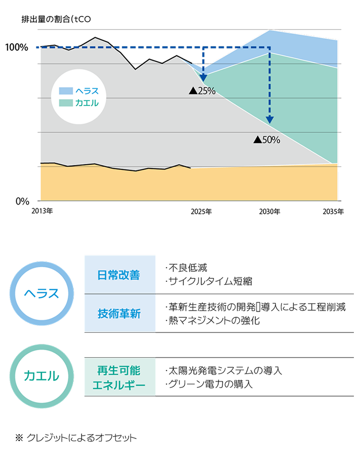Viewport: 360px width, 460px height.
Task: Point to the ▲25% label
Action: coord(202,91)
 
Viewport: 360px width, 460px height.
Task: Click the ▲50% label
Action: coord(267,139)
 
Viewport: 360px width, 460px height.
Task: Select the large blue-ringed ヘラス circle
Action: coord(42,294)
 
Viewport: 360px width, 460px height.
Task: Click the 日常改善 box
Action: coord(120,275)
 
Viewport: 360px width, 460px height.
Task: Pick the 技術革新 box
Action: coord(120,314)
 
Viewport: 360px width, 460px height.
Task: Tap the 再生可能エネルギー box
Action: coord(120,377)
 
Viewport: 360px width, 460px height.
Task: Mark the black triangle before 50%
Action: coord(257,139)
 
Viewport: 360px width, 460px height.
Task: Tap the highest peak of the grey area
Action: coord(96,39)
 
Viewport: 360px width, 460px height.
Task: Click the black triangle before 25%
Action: coord(192,91)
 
